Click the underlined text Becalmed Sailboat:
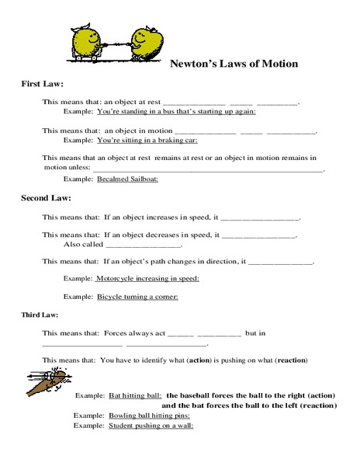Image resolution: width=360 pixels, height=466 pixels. click(127, 179)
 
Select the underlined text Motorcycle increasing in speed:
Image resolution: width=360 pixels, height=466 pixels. click(147, 278)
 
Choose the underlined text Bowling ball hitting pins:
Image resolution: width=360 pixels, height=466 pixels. click(150, 416)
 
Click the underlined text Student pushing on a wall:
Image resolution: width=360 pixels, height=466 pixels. click(151, 426)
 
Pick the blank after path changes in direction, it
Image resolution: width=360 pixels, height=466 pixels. click(280, 263)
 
